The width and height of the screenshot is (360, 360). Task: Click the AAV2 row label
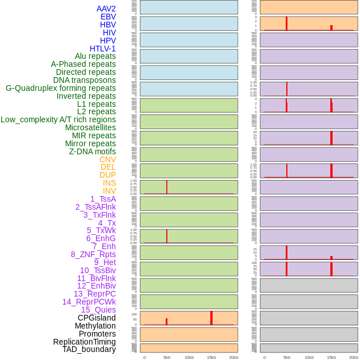pos(106,9)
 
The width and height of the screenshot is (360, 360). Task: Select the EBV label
pos(108,17)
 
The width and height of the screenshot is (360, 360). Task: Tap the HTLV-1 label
pos(102,49)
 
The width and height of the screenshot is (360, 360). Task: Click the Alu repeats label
pos(95,56)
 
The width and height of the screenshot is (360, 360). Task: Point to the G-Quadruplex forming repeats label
pos(61,88)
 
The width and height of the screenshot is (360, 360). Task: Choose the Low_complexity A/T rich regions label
pos(58,119)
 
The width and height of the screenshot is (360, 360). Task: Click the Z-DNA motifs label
pos(92,151)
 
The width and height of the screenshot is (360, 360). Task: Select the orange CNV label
pos(107,159)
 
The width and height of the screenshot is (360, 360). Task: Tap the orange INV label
pos(109,191)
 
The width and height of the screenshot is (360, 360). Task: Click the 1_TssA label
pos(103,199)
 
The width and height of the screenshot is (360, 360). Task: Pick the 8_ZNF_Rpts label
pos(93,254)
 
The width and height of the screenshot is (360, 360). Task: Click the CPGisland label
pos(97,318)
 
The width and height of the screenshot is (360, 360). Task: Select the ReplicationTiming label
pos(85,342)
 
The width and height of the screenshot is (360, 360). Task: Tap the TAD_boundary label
pos(89,349)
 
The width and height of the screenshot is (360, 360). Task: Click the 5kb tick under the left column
pos(167,357)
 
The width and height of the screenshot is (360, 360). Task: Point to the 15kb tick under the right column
pos(331,357)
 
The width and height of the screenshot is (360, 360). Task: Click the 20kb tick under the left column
pos(234,357)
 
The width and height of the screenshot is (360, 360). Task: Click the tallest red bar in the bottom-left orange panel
pos(211,318)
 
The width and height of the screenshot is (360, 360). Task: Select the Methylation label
pos(95,326)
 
